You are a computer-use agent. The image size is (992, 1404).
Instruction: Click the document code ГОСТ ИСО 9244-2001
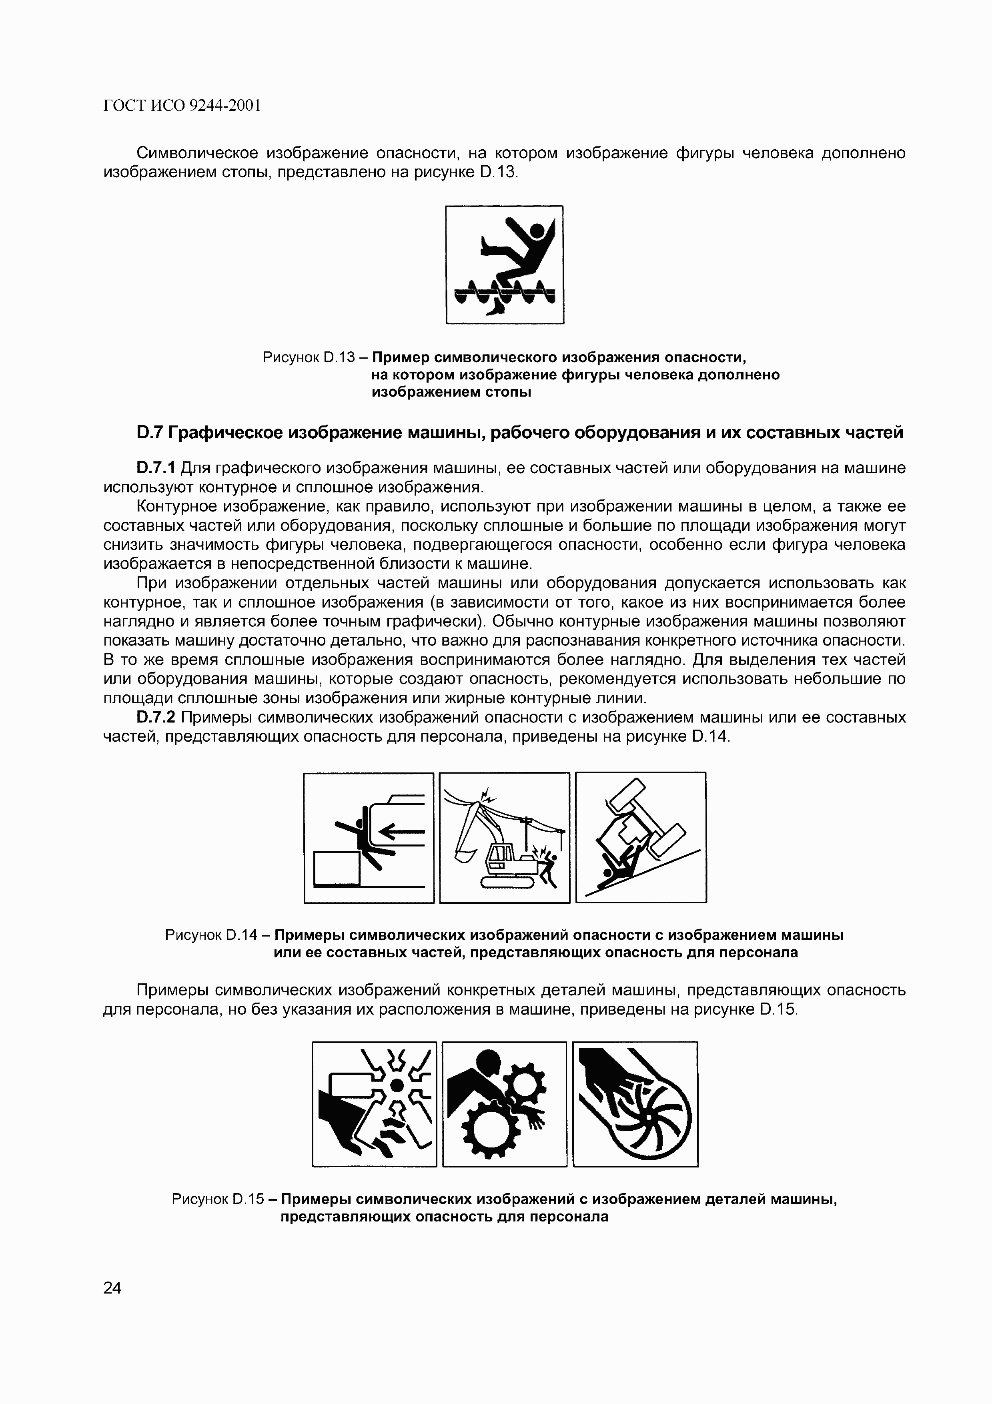click(182, 106)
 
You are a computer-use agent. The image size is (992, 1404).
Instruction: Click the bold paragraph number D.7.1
click(156, 468)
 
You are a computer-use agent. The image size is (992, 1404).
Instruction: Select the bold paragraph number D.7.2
click(156, 717)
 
